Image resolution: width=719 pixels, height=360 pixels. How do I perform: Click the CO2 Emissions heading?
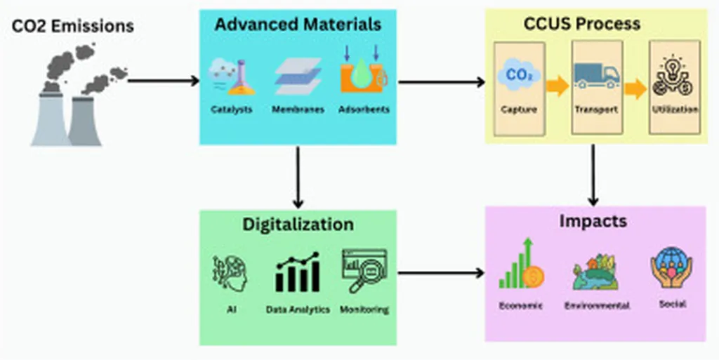(x=73, y=27)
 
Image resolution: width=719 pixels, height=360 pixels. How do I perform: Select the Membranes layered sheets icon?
(x=298, y=76)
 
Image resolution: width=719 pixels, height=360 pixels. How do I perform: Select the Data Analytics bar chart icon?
(x=298, y=272)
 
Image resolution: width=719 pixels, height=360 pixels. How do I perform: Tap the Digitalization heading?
(x=298, y=225)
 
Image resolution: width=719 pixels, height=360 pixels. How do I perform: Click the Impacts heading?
(x=593, y=222)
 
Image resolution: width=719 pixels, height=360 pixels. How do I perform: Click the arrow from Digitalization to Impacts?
(x=441, y=272)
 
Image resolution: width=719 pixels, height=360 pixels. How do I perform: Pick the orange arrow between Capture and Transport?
(x=558, y=87)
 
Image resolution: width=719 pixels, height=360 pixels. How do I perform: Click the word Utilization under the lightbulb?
(x=674, y=109)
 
